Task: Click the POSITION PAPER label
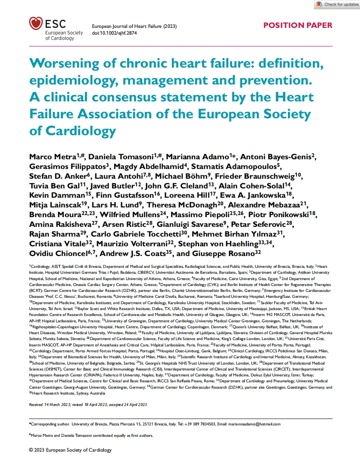(298, 25)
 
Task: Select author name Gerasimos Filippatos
(67, 166)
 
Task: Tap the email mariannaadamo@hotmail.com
(254, 424)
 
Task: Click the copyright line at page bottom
(70, 450)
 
